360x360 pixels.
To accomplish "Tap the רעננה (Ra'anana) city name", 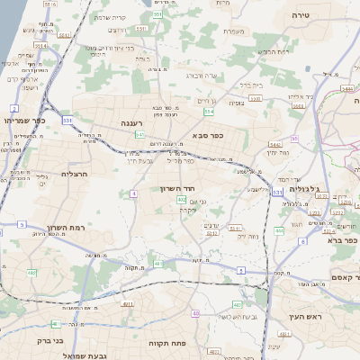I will point(132,121).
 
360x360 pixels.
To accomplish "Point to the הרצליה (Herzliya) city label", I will point(53,173).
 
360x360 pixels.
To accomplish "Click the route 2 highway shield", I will point(14,108).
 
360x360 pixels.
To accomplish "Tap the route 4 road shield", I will point(132,193).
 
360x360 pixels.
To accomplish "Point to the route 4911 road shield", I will point(127,304).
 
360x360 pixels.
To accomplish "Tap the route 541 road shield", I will point(139,134).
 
